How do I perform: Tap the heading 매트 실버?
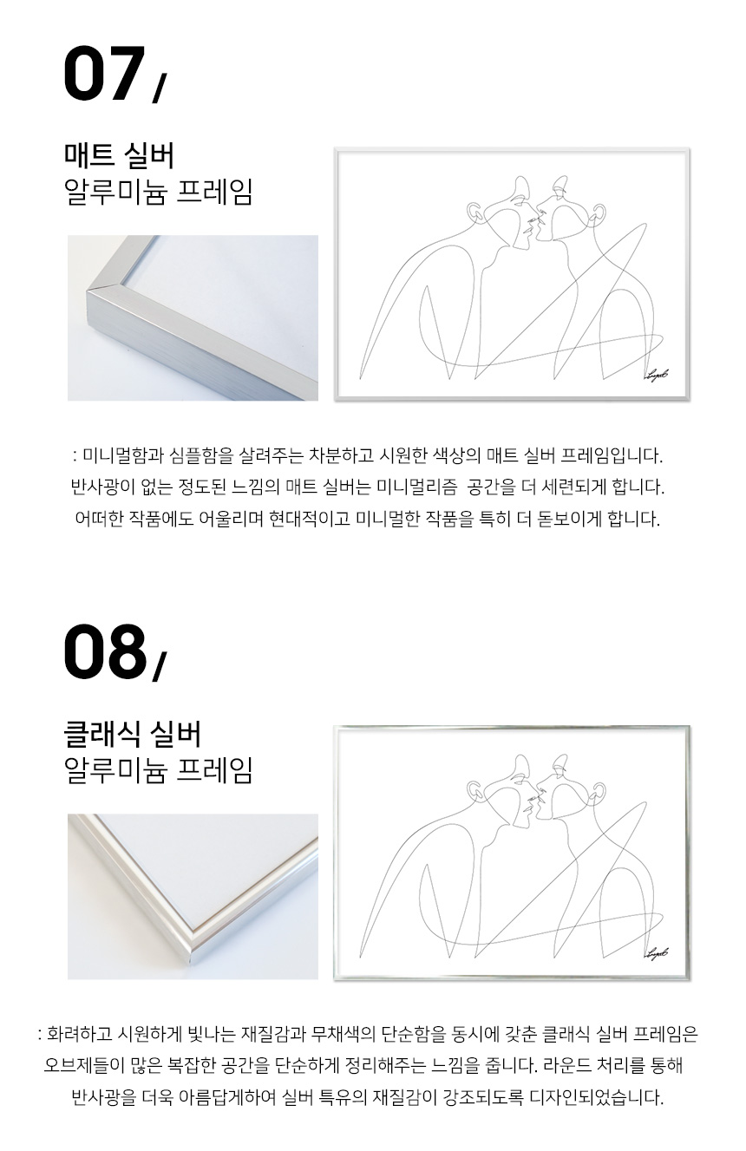119,155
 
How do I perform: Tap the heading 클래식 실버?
132,735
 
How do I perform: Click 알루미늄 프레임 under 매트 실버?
158,193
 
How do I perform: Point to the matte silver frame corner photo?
193,317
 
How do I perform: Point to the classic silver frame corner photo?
193,896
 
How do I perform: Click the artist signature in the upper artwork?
656,375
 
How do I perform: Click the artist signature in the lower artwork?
656,954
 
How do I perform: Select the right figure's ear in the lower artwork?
597,790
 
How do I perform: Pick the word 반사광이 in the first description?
95,487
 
